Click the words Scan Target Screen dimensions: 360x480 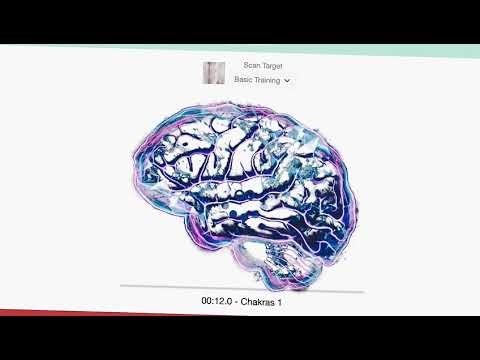(249, 65)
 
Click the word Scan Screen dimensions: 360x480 (238, 65)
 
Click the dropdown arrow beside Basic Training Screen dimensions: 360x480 (288, 80)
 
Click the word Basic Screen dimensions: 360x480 (243, 80)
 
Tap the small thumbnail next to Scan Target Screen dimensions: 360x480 (214, 73)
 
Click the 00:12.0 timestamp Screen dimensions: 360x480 (219, 301)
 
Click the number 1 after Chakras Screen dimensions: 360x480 (279, 301)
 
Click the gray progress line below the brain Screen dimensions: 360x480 (240, 287)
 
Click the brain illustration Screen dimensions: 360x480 (240, 180)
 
